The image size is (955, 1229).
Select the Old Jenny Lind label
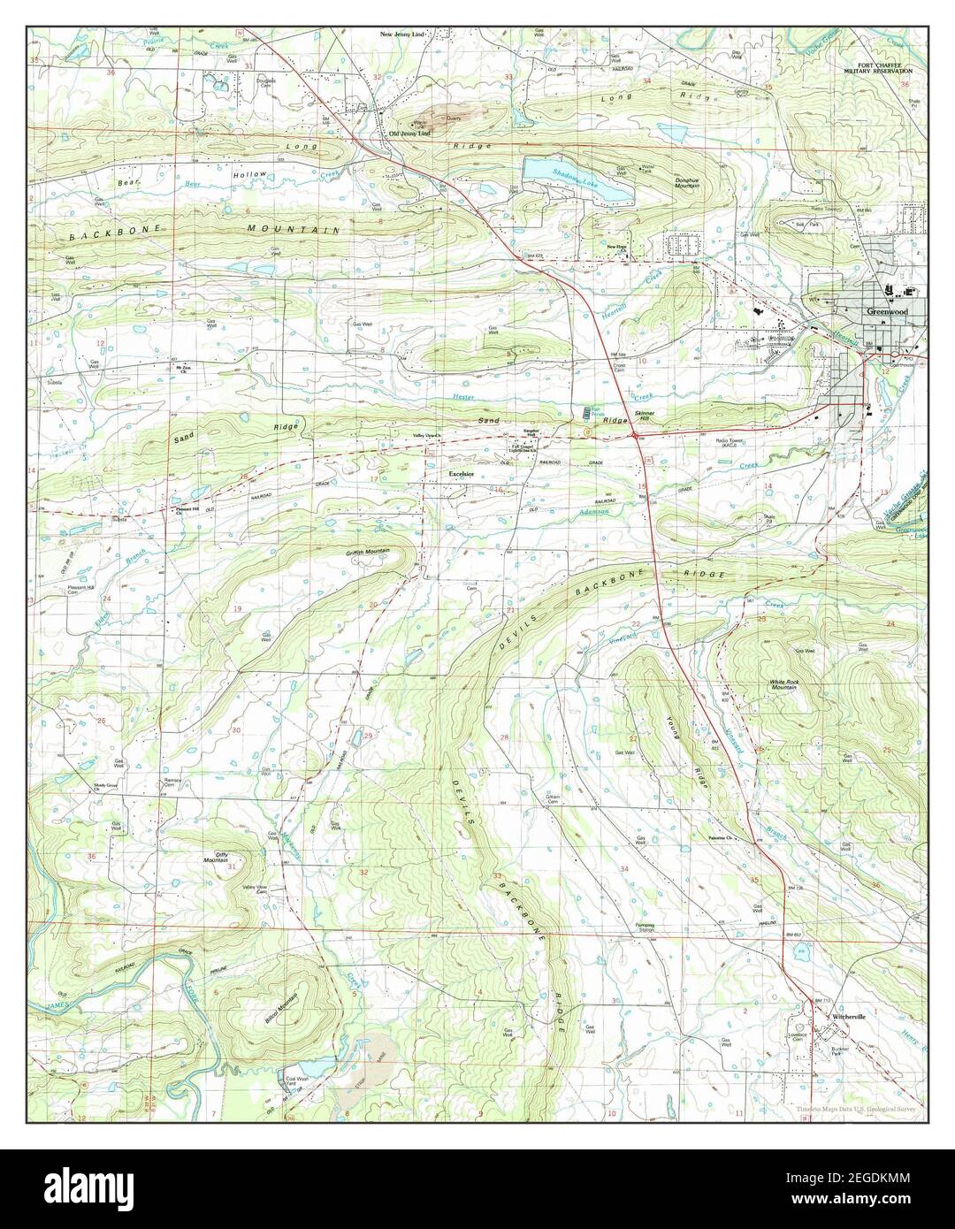pos(409,134)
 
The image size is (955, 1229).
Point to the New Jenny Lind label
pos(402,34)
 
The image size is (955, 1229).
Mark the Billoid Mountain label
pos(282,1008)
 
